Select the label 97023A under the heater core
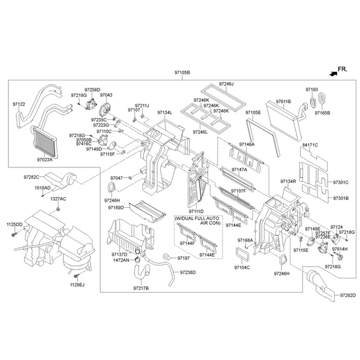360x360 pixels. [44, 160]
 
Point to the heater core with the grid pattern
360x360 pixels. [44, 141]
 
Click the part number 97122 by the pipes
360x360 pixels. [19, 104]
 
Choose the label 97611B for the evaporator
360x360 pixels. [283, 102]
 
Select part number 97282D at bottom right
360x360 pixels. [347, 295]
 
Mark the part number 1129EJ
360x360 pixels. [77, 284]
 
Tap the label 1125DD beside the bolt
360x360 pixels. [14, 224]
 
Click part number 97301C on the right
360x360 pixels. [341, 182]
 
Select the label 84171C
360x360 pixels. [310, 145]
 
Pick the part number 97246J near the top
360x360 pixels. [226, 84]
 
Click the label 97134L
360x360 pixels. [164, 112]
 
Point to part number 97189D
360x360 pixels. [116, 208]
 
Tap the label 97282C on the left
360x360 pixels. [31, 177]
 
